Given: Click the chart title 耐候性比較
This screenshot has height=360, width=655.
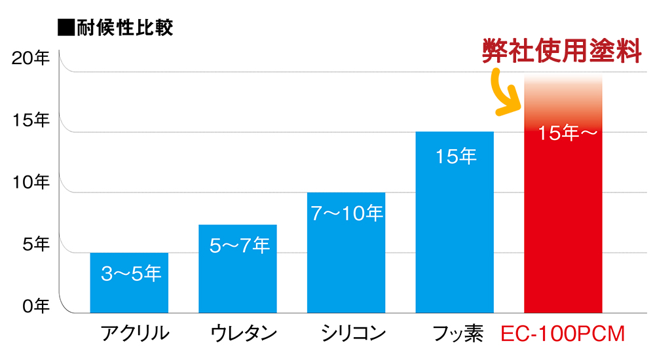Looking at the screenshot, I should [116, 28].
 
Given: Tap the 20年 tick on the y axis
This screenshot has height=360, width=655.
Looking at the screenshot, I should [31, 58].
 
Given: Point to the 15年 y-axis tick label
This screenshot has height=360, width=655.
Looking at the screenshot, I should [31, 120].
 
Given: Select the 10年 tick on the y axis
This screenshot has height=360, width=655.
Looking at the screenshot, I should [31, 182].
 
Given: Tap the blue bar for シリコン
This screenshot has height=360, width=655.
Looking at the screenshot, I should [346, 262].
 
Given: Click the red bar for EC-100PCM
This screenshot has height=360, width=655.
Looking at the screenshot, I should [563, 223].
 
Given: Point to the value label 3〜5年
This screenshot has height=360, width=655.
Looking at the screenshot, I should [131, 273].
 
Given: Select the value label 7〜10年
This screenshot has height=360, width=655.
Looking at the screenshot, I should [346, 213].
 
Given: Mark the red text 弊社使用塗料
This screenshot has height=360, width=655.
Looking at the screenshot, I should [561, 50].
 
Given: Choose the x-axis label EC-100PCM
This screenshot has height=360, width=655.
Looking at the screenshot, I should [563, 334].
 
